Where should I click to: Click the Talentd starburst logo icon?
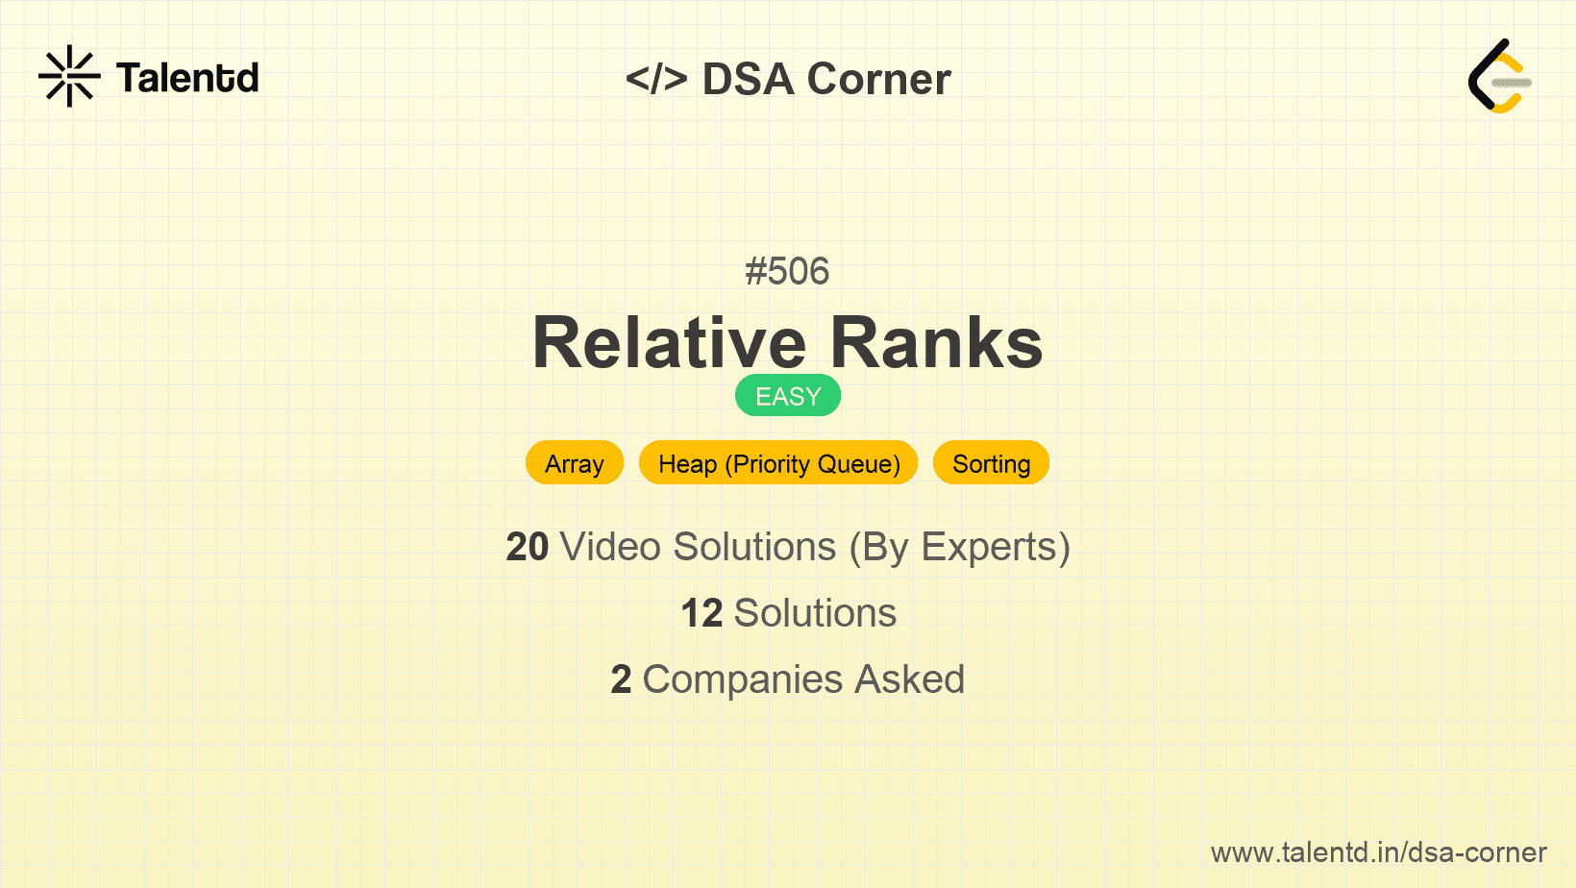tap(69, 76)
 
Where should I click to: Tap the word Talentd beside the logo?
tap(187, 78)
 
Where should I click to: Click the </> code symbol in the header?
tap(656, 79)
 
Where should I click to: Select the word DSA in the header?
tap(748, 79)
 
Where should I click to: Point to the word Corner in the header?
tap(878, 79)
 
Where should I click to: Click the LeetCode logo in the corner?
tap(1498, 76)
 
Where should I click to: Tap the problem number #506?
tap(787, 271)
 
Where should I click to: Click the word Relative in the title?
tap(669, 343)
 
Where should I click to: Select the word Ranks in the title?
tap(936, 343)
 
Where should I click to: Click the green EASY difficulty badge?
tap(788, 395)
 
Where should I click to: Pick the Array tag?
tap(574, 463)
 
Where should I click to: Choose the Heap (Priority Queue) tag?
tap(778, 463)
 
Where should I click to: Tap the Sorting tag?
tap(991, 463)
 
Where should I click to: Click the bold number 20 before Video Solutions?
tap(527, 547)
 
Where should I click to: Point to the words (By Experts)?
tap(960, 548)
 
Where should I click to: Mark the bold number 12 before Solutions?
tap(702, 613)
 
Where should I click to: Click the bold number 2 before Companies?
tap(621, 679)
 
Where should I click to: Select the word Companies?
tap(743, 680)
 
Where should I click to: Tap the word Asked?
tap(910, 679)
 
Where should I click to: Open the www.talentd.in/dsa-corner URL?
tap(1378, 852)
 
